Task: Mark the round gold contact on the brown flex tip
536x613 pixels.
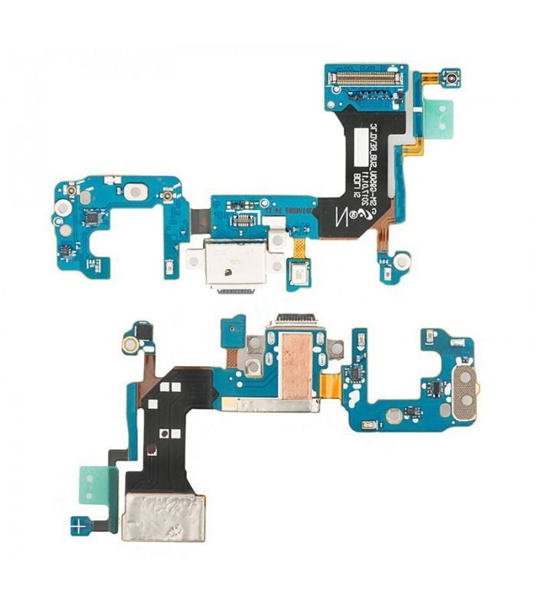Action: [x=130, y=345]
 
